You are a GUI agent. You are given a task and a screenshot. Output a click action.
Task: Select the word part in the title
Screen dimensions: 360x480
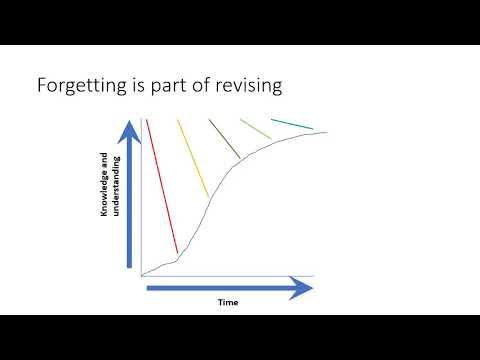click(164, 86)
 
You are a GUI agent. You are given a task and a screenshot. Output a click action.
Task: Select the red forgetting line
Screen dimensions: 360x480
click(162, 185)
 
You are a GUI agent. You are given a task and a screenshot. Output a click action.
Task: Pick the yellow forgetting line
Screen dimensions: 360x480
click(192, 157)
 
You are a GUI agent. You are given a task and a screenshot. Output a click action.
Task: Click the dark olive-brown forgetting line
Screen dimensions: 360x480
click(224, 138)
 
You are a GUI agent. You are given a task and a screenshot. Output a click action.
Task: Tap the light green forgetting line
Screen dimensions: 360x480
click(256, 129)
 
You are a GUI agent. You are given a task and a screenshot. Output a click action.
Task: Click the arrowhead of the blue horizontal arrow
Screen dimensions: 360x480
click(302, 289)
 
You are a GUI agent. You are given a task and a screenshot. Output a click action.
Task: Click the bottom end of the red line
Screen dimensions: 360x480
click(177, 252)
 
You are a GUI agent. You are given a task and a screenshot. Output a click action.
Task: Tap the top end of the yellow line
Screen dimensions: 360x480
click(177, 120)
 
